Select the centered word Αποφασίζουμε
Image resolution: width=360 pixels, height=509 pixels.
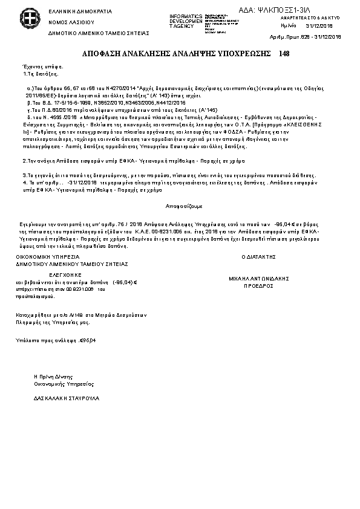coord(179,206)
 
